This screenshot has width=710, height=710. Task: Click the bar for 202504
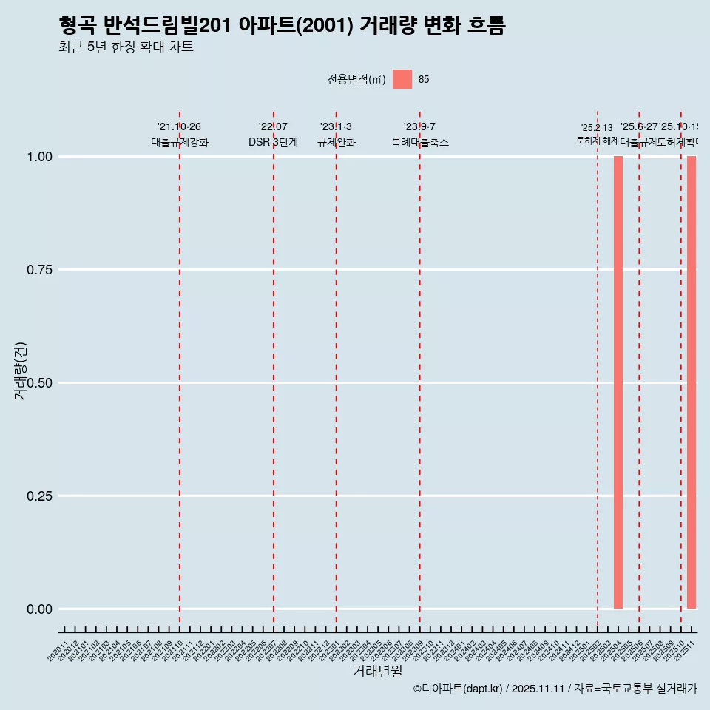tap(618, 382)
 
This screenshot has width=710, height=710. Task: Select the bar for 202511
tap(692, 382)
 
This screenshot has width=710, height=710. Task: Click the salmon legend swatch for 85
tap(402, 79)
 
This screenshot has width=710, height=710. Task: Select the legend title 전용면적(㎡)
tap(356, 79)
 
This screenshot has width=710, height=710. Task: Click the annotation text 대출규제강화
tap(180, 142)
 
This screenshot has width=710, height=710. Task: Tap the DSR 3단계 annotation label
tap(273, 142)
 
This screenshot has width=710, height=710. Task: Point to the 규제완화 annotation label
tap(337, 142)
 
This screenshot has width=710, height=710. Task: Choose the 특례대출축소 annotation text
tap(420, 142)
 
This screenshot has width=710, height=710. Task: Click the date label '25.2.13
tap(597, 128)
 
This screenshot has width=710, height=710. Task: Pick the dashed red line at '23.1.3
tap(337, 370)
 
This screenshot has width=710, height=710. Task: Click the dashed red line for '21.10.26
tap(180, 370)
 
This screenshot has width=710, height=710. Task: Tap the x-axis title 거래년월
tap(378, 672)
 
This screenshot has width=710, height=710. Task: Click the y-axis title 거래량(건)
tap(21, 371)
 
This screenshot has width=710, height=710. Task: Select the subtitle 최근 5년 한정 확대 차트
tap(126, 47)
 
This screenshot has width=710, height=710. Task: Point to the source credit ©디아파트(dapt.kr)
tap(459, 689)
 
